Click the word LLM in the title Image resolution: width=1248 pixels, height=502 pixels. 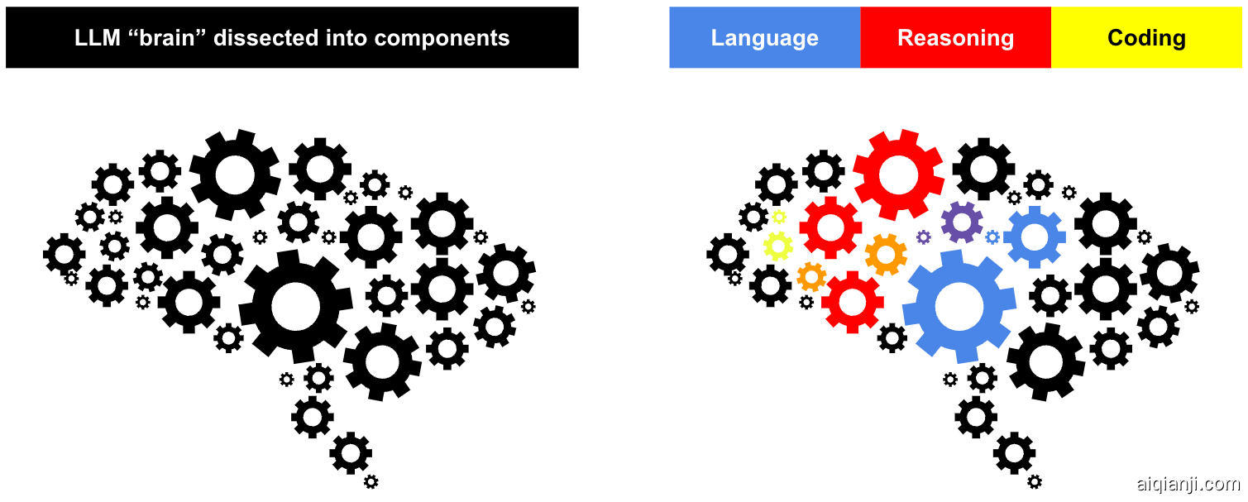[x=98, y=38]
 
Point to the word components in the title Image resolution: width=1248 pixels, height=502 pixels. [x=442, y=38]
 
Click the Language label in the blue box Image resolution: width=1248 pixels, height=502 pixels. [x=764, y=39]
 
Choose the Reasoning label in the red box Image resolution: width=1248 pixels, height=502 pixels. [x=955, y=39]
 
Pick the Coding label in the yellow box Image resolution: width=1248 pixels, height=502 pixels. [x=1146, y=39]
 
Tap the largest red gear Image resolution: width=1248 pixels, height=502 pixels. [x=898, y=175]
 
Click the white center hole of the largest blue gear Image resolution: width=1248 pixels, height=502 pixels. [x=959, y=307]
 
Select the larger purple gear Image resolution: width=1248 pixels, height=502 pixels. [x=962, y=222]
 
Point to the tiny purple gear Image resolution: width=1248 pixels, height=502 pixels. [x=924, y=237]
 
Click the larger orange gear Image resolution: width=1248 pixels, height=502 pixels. [x=886, y=255]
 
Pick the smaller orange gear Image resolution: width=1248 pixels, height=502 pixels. [x=811, y=277]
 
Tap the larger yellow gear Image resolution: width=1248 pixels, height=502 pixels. [x=778, y=246]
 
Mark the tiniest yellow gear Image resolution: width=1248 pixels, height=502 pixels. [x=779, y=217]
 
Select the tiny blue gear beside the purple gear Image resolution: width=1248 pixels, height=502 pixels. [x=992, y=237]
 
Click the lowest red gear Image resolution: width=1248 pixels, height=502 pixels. [x=853, y=303]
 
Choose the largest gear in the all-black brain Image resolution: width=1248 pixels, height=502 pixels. [x=296, y=307]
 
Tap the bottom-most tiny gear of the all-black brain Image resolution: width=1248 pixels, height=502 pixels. [x=371, y=481]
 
